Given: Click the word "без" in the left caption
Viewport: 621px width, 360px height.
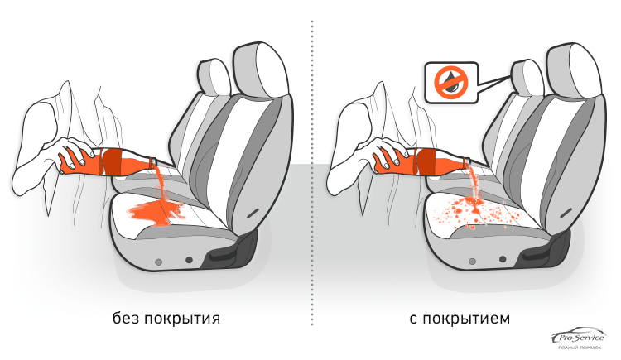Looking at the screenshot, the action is tap(126, 318).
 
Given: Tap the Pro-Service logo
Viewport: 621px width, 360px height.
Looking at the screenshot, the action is tap(579, 338).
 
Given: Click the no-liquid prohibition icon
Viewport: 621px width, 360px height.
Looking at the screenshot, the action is tap(451, 83).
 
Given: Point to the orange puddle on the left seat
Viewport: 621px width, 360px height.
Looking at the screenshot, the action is tap(156, 212).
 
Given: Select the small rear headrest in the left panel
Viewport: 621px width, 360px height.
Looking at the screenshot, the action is tap(213, 77).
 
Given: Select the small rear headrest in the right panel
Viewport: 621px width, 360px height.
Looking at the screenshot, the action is tap(527, 77).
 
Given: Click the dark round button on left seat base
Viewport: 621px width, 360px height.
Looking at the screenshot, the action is tap(189, 260).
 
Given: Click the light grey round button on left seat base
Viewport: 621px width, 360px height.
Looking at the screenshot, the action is tap(158, 262).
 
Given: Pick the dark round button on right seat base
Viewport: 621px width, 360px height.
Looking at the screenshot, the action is tap(503, 259).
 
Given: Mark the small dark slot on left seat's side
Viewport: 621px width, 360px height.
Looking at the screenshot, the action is tap(253, 213).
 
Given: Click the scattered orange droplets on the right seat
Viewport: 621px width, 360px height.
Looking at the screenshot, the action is tap(475, 213).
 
